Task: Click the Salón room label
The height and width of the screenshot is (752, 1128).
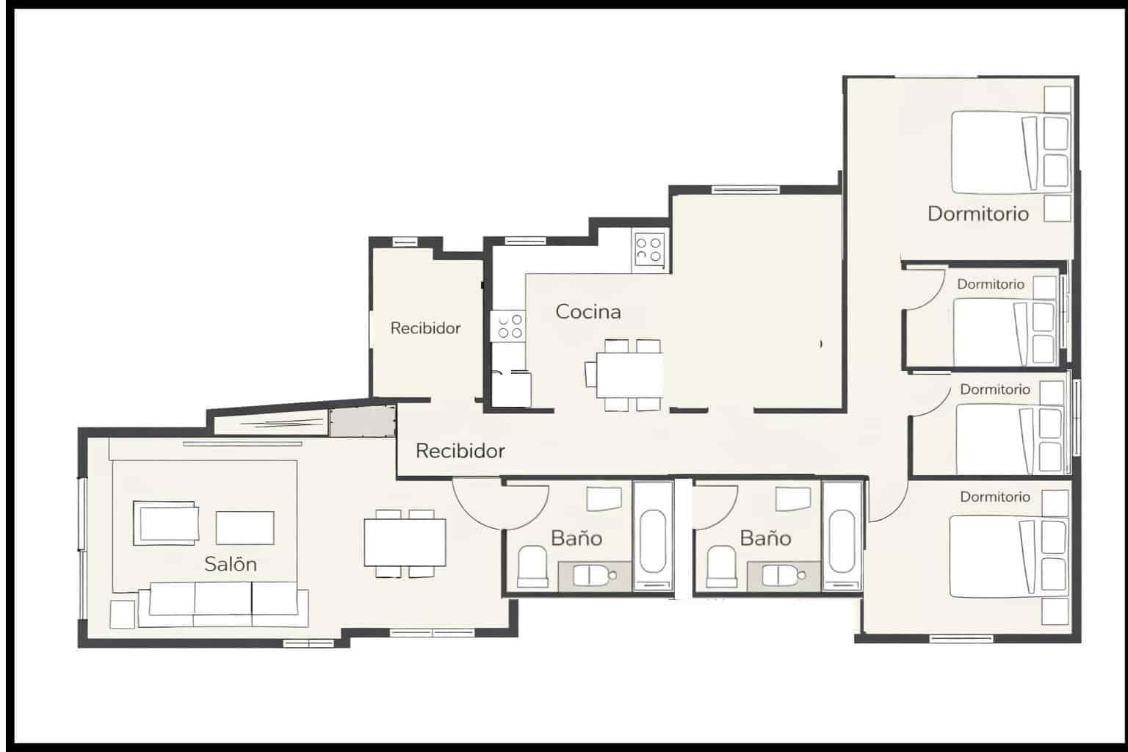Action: coord(230,564)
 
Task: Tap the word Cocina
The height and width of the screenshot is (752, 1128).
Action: coord(587,311)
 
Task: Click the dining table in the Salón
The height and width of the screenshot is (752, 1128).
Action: coord(405,543)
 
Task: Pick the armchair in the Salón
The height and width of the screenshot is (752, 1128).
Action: coord(165,524)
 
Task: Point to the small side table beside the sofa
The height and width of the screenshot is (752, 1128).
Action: coord(123,614)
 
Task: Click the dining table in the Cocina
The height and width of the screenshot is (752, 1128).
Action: coord(629,375)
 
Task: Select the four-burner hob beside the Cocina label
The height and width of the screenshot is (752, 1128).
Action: coord(510,327)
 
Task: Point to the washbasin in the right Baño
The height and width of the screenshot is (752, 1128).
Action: coord(781,576)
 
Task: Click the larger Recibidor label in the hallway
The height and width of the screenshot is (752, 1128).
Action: coord(460,450)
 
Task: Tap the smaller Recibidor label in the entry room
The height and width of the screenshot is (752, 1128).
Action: coord(425,328)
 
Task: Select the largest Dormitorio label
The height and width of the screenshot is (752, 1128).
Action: coord(977,214)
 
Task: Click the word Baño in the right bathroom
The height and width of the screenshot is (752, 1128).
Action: coord(765,538)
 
